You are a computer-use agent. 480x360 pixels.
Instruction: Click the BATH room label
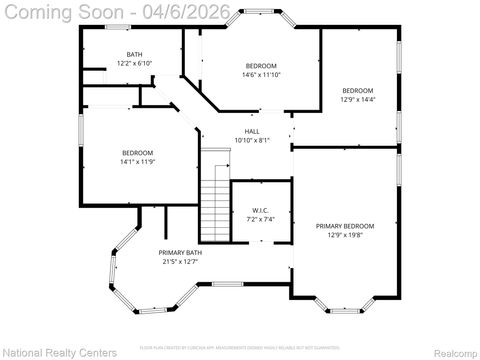[x=134, y=54]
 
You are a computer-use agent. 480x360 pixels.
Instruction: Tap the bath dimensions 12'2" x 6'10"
[x=134, y=63]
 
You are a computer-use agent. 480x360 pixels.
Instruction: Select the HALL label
[x=252, y=131]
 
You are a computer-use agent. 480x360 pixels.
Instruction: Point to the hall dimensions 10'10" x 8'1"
[x=252, y=141]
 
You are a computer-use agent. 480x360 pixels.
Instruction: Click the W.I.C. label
[x=259, y=210]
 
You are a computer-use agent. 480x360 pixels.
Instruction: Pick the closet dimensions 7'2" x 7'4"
[x=259, y=219]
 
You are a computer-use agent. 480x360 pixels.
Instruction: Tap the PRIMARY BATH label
[x=181, y=252]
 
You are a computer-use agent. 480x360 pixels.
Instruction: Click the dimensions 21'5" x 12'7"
[x=181, y=262]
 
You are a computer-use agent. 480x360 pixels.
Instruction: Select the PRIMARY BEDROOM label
[x=345, y=226]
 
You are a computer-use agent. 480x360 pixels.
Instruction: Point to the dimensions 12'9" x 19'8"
[x=345, y=236]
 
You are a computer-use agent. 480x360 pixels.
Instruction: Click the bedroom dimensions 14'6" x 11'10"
[x=261, y=74]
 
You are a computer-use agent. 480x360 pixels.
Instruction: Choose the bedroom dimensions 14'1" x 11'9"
[x=137, y=162]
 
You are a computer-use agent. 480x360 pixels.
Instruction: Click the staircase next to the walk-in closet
[x=215, y=196]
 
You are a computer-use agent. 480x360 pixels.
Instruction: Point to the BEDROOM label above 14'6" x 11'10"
[x=261, y=65]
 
